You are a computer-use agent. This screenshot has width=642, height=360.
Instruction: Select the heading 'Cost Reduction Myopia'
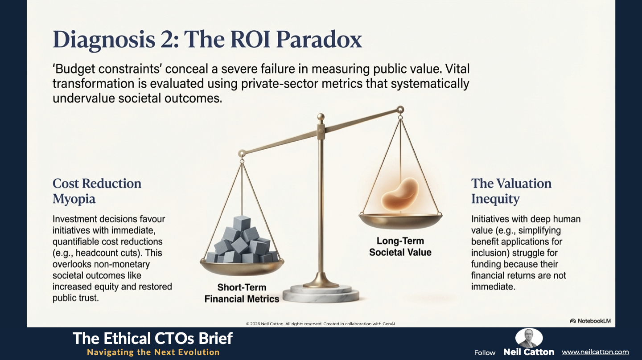tap(97, 191)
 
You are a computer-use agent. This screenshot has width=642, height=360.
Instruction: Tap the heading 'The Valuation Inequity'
tap(511, 191)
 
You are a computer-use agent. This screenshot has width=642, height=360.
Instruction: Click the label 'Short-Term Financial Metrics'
tap(242, 293)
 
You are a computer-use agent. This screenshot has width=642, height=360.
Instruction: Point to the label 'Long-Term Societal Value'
tap(400, 246)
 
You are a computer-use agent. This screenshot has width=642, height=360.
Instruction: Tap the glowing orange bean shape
tap(400, 193)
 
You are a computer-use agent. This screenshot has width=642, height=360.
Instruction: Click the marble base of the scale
tap(321, 294)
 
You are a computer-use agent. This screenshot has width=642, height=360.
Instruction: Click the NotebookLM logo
tap(590, 321)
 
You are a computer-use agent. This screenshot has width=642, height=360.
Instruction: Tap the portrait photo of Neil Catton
tap(529, 338)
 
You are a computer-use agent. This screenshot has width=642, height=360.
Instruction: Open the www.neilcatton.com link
tap(595, 352)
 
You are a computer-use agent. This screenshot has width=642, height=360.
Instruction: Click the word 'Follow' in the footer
tap(485, 352)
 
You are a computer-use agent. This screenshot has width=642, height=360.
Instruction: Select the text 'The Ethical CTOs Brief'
tap(152, 338)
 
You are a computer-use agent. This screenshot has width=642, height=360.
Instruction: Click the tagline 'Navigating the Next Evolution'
tap(153, 352)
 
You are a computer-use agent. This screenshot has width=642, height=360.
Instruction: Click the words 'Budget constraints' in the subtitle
tap(108, 69)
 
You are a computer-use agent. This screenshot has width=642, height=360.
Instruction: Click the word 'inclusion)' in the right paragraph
tap(490, 253)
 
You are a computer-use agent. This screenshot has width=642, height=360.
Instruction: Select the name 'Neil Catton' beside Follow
tap(529, 352)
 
